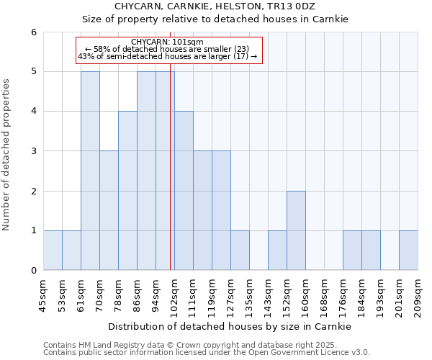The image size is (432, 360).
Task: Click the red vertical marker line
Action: pos(170,180)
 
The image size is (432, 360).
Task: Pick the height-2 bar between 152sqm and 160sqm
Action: pos(296,230)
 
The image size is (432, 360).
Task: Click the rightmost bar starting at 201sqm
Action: pos(408,251)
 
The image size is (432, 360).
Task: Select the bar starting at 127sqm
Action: pos(240,251)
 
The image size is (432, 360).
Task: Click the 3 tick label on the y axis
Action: pos(33,151)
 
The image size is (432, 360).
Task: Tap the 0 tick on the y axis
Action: pos(33,271)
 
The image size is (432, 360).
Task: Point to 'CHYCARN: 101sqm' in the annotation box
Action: pos(168,42)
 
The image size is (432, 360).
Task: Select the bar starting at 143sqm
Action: pos(277,251)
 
